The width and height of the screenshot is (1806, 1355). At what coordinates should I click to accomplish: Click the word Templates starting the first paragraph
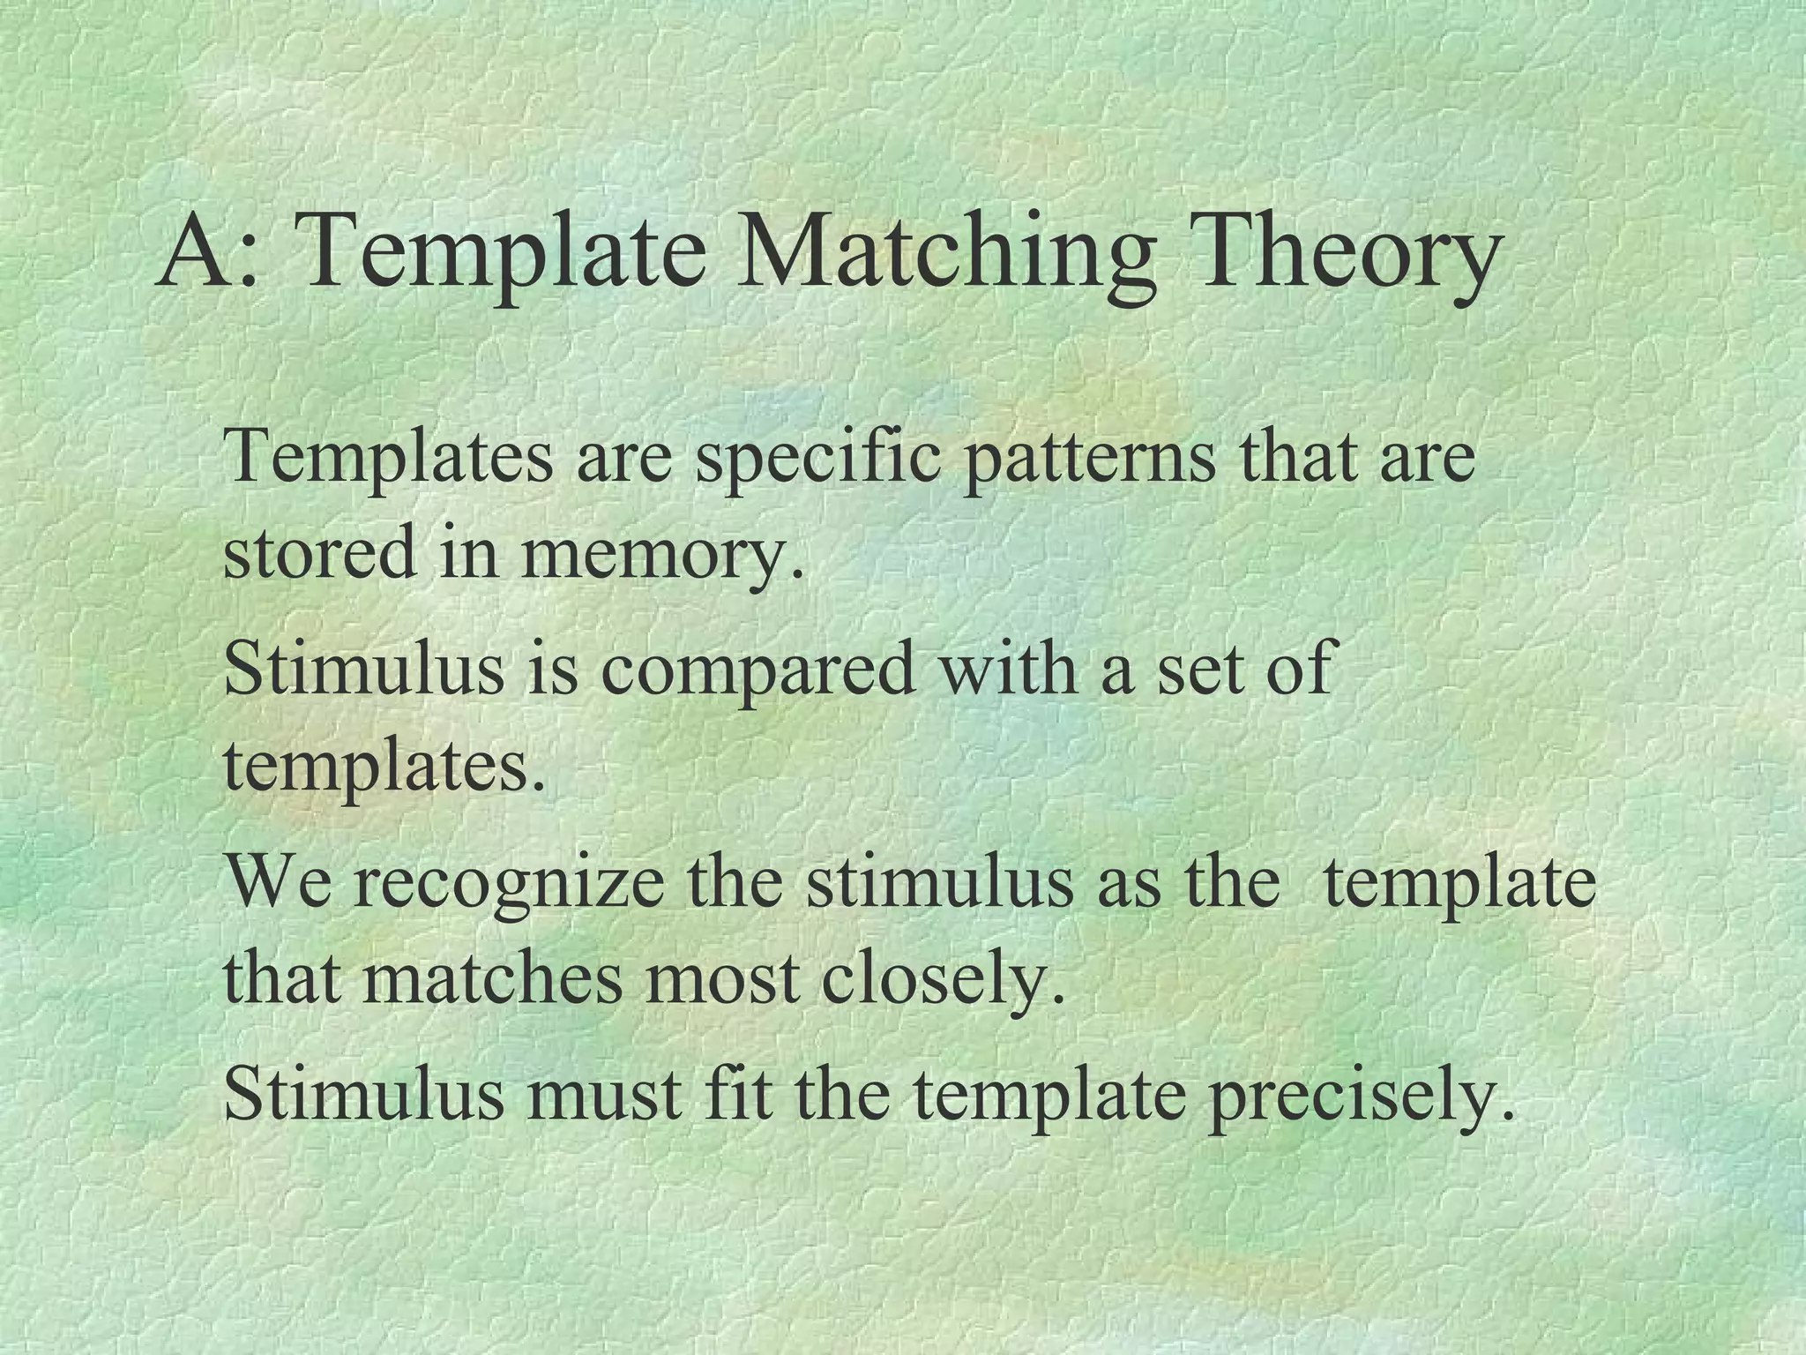click(389, 458)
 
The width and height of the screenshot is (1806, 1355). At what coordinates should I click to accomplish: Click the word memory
click(661, 554)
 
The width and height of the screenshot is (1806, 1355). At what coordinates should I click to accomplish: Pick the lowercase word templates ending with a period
click(384, 766)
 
